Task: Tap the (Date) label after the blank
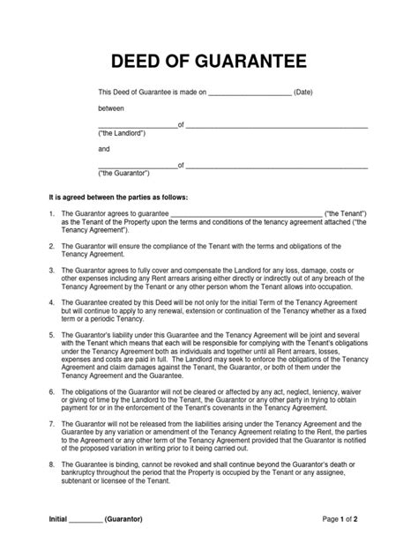(304, 92)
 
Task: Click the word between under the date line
(111, 108)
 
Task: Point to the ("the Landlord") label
(121, 133)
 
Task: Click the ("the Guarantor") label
(123, 174)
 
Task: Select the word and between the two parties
(104, 149)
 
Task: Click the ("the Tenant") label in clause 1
(347, 214)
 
